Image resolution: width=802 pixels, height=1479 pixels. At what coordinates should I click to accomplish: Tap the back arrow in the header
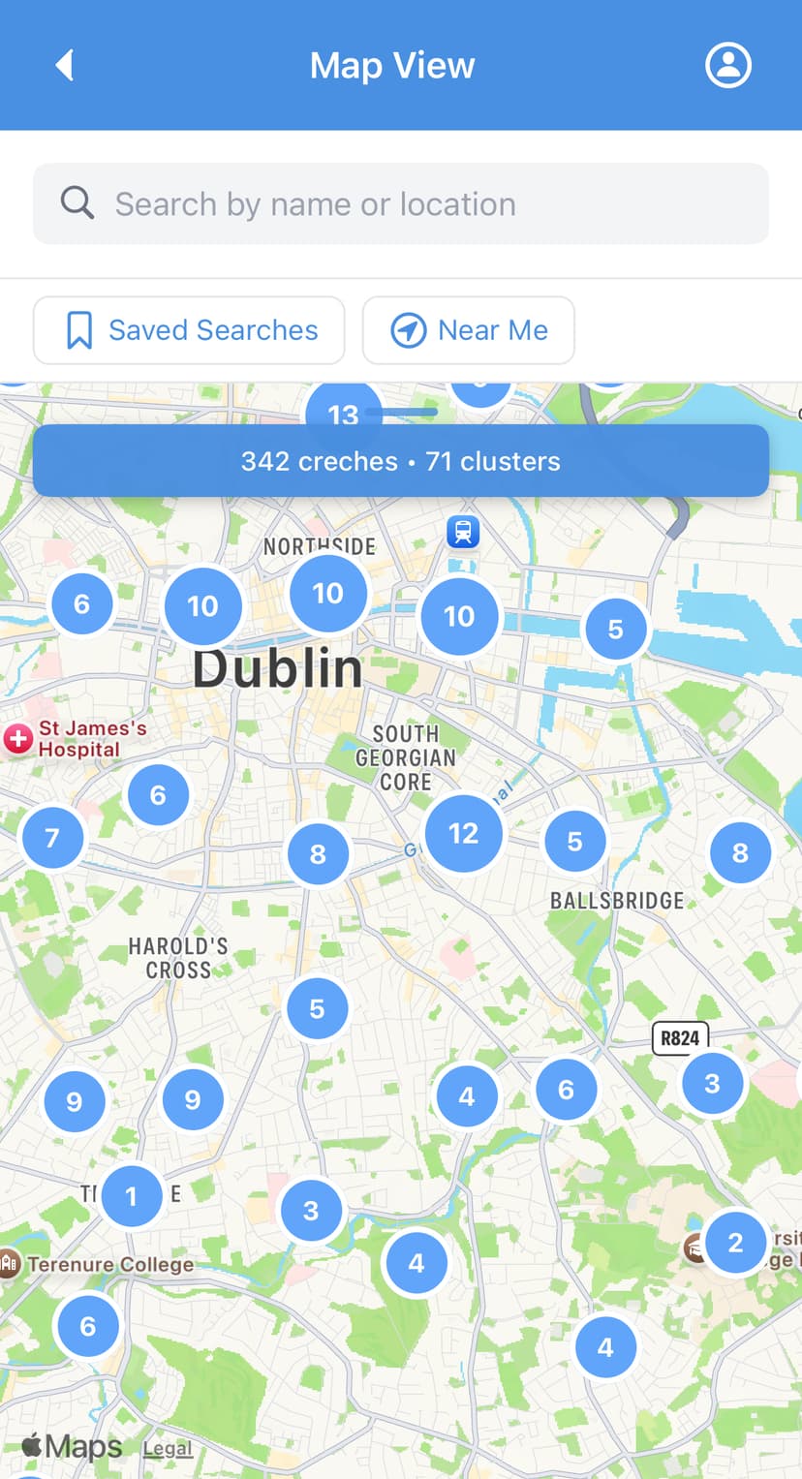click(65, 65)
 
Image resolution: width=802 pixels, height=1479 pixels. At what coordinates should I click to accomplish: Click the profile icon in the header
click(727, 65)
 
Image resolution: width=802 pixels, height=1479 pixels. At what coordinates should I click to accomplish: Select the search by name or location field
click(401, 204)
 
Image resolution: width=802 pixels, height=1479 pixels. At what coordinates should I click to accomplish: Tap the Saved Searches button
click(189, 330)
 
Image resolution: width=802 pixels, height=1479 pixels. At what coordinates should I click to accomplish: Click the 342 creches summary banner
click(401, 461)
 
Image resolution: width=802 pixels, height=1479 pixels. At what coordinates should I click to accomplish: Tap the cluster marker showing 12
click(463, 833)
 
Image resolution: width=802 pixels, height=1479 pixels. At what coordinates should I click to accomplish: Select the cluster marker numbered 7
click(52, 837)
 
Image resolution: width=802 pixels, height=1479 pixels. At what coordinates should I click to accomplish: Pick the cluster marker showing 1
click(132, 1196)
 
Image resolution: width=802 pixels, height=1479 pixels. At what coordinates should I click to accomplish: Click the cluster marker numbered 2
click(735, 1242)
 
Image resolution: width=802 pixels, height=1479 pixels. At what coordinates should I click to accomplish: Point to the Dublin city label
click(278, 669)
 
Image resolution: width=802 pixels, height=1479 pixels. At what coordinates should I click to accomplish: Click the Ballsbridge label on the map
click(617, 901)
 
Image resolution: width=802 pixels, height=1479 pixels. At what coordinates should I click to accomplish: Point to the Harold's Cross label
click(178, 958)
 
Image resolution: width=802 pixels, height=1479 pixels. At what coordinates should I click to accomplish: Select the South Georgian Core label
click(406, 757)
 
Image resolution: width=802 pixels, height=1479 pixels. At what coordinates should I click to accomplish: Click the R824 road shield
click(680, 1038)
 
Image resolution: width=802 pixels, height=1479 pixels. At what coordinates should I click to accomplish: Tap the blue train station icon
click(463, 531)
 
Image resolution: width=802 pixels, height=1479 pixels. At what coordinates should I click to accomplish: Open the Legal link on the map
click(168, 1448)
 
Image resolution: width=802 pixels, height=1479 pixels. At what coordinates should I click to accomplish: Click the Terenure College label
click(109, 1264)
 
